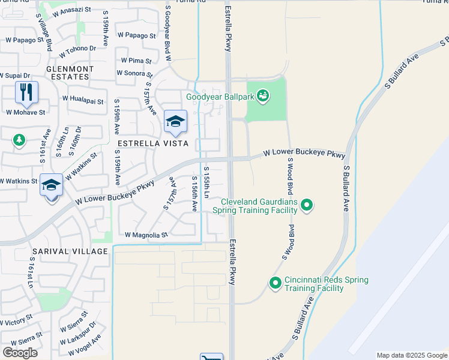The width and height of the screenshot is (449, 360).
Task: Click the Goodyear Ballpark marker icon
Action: point(262,95)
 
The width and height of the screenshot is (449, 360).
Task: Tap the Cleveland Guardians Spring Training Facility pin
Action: point(307,206)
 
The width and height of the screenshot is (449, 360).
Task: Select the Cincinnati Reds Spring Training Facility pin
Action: point(276,282)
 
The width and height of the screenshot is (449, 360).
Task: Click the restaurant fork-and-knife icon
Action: point(26,92)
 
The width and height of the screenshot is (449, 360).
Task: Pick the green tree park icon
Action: point(19,140)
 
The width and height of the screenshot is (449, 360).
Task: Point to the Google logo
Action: point(20,352)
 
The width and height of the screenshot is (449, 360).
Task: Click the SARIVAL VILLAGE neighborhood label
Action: point(70,251)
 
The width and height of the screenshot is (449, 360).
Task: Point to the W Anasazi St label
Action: point(71,10)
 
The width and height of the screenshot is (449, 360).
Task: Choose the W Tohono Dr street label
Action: point(76,48)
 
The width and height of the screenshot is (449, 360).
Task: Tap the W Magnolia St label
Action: point(146,235)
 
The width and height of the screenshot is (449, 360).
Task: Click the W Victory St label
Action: point(16,323)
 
